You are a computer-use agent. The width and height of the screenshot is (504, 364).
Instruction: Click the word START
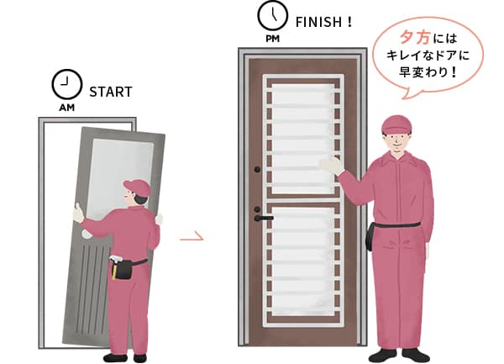point(110,92)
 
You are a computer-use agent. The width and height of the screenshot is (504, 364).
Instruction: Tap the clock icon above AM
point(62,84)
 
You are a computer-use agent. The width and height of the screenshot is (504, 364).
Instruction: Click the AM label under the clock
point(66,108)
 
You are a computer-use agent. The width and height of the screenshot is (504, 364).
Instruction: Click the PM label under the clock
point(270,38)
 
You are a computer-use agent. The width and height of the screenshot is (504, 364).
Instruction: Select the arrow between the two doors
point(192,239)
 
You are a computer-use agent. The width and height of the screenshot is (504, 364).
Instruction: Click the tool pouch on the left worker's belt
point(123,268)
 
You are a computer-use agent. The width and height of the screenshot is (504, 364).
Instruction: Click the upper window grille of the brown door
point(302,135)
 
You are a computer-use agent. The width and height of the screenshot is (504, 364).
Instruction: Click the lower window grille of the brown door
point(302,261)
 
